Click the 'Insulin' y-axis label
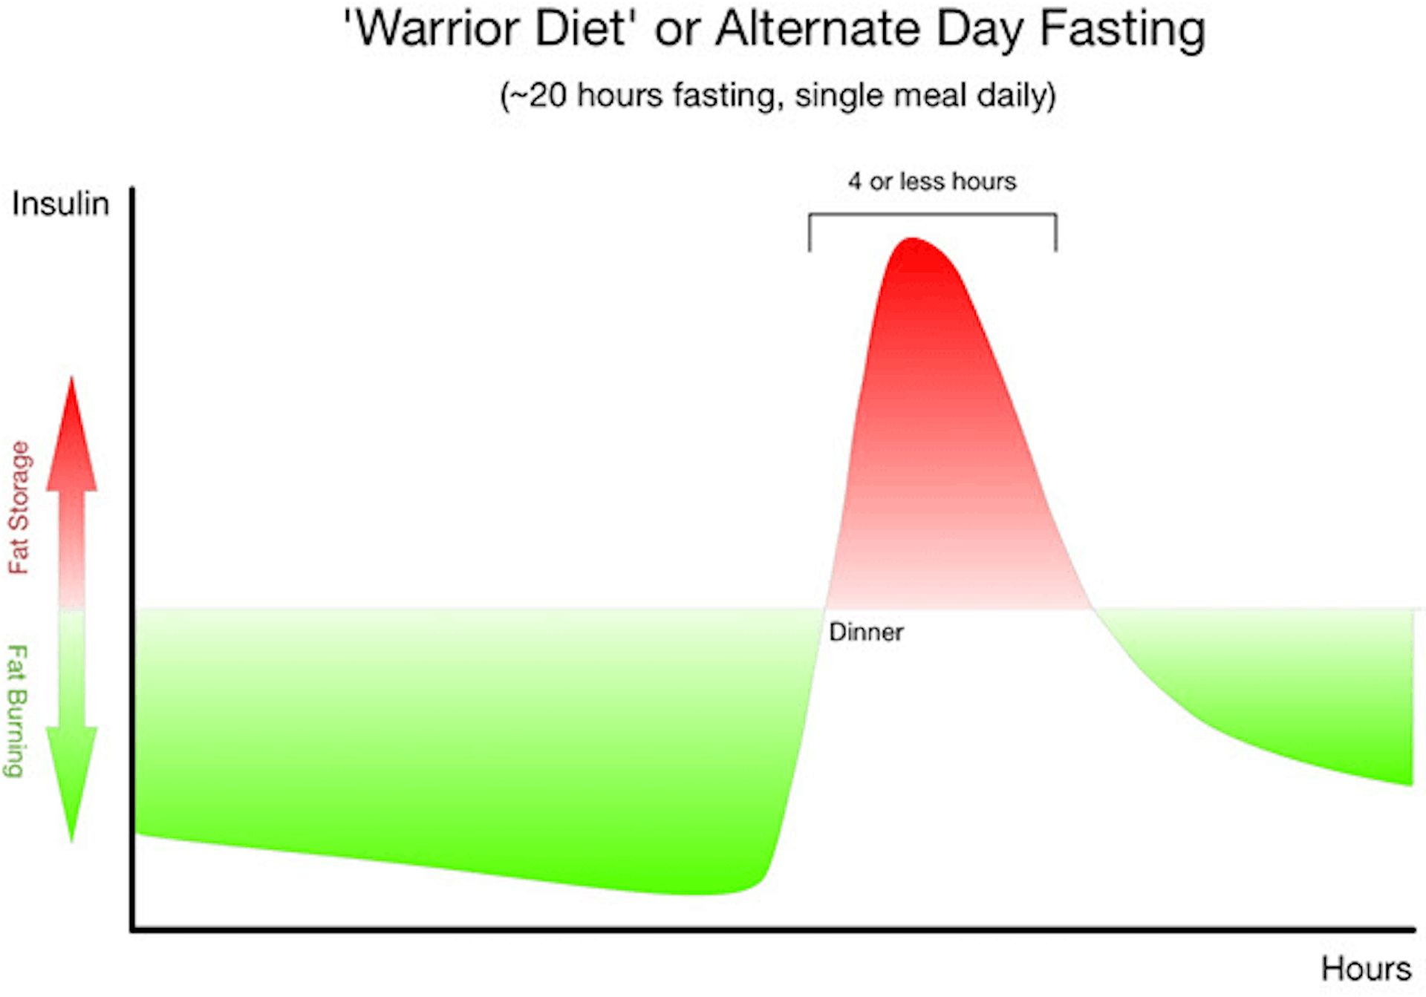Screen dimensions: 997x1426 (60, 204)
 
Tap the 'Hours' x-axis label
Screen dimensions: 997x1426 (1366, 969)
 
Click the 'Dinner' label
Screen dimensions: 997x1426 (866, 632)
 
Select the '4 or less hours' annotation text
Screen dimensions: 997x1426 (932, 182)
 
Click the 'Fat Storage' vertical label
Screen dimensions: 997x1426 (19, 508)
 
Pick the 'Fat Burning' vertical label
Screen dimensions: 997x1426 (17, 711)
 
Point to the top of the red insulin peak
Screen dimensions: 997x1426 (911, 240)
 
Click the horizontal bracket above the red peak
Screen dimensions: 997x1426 (932, 215)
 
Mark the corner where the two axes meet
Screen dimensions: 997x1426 (133, 929)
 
